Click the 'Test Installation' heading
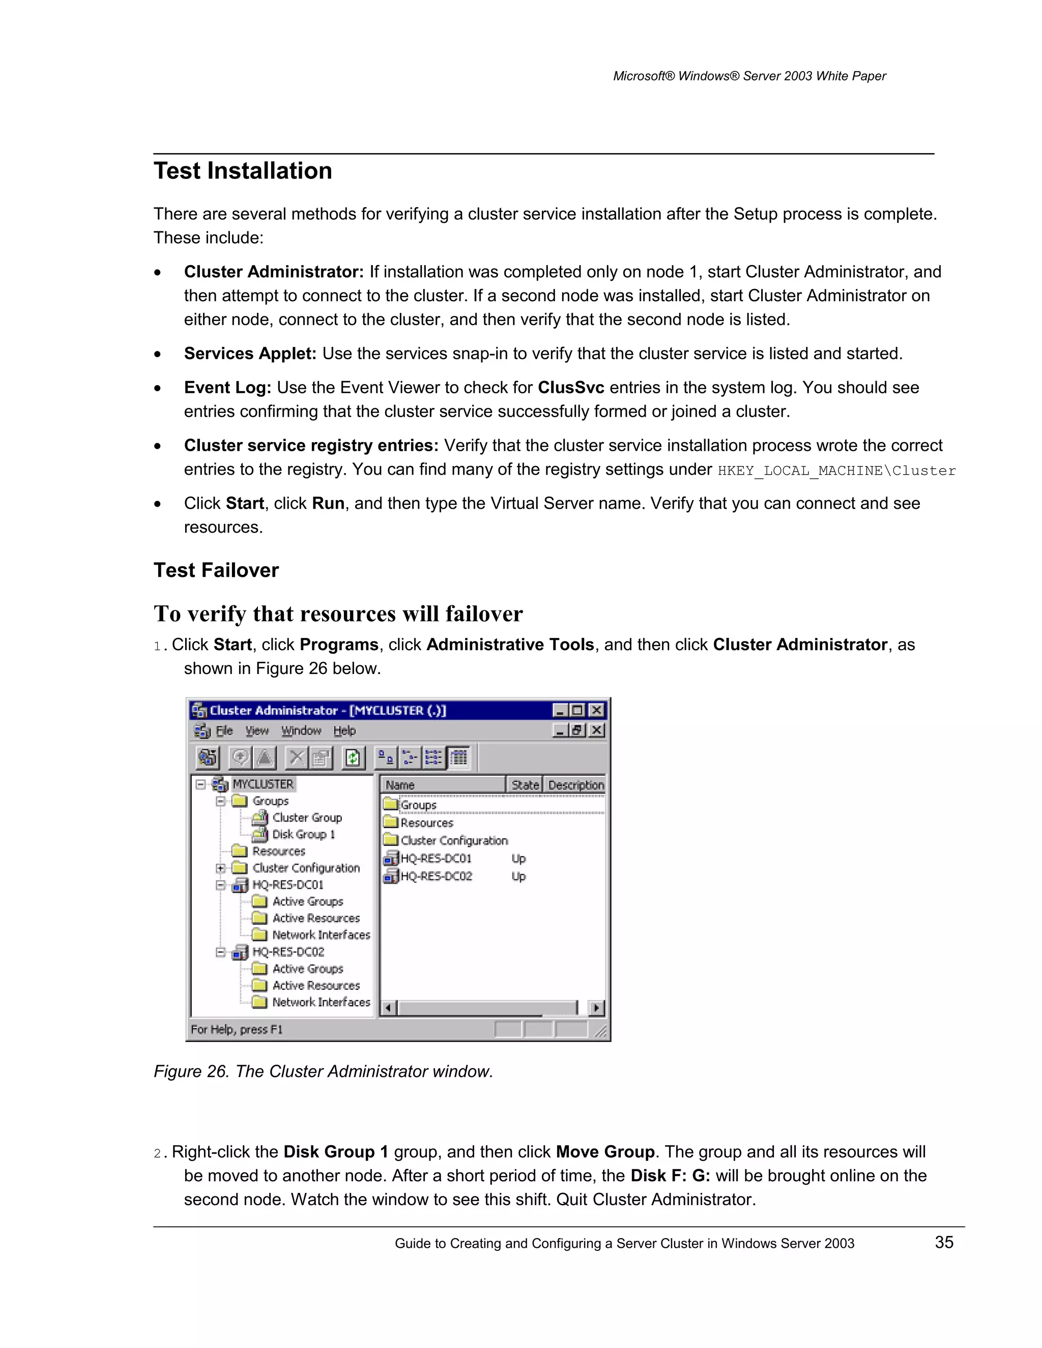(x=243, y=171)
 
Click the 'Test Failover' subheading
(x=216, y=570)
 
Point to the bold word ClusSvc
(x=570, y=388)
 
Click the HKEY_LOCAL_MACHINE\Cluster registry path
(x=836, y=471)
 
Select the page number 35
(x=944, y=1242)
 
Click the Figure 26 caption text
(x=323, y=1071)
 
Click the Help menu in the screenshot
(x=344, y=731)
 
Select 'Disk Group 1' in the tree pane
(x=303, y=834)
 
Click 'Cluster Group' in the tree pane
(x=307, y=817)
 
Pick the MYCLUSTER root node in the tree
(x=263, y=784)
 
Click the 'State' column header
(x=525, y=784)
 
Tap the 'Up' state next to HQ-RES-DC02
(x=518, y=876)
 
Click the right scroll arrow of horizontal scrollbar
(x=596, y=1008)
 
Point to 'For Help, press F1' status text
(x=237, y=1029)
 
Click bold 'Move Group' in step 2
(x=605, y=1152)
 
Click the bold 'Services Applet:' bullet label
(x=250, y=354)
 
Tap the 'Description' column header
(x=575, y=784)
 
